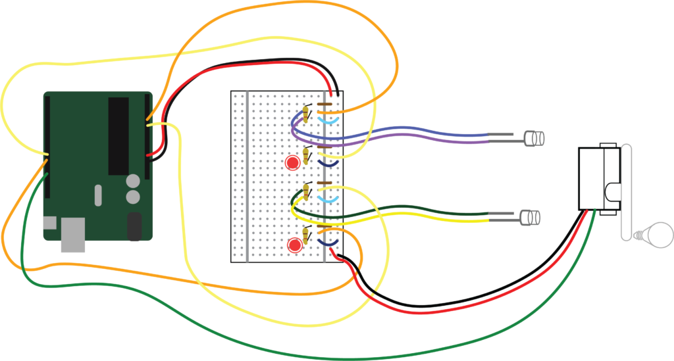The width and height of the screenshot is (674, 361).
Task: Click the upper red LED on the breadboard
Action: pos(291,162)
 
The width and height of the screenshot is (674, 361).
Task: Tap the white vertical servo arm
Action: pos(626,191)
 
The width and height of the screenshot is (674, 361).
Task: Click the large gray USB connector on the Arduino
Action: pos(73,235)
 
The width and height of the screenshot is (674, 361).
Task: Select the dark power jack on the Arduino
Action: pos(134,226)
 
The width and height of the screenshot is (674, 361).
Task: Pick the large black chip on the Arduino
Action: pos(118,135)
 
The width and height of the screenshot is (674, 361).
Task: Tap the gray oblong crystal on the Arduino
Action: pos(98,195)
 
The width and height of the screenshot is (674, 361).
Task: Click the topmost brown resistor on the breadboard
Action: pos(324,103)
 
